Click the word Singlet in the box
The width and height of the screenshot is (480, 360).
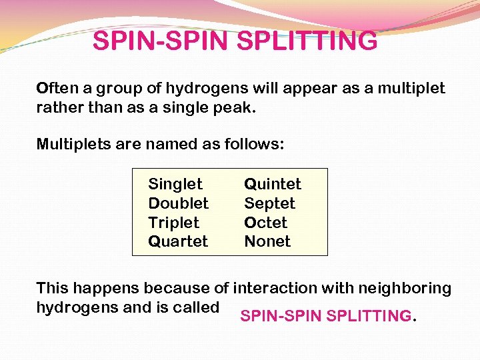pyautogui.click(x=175, y=184)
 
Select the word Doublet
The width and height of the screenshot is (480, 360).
pyautogui.click(x=178, y=203)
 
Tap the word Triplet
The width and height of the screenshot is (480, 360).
pyautogui.click(x=173, y=223)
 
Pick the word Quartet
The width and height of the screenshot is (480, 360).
pyautogui.click(x=178, y=241)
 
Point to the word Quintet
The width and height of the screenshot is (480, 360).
pyautogui.click(x=273, y=184)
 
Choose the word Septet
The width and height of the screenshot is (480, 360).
pyautogui.click(x=269, y=203)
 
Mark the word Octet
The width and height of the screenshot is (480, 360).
pyautogui.click(x=266, y=223)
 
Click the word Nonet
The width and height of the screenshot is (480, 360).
pyautogui.click(x=267, y=241)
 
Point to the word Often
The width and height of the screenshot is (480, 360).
pyautogui.click(x=57, y=89)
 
